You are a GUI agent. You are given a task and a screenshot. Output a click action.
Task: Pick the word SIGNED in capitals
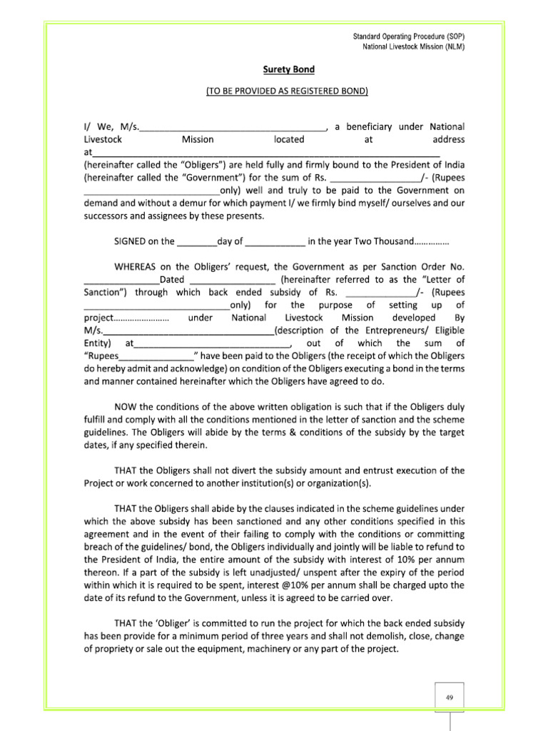coord(131,241)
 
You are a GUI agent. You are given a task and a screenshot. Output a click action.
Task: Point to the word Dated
coord(172,279)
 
